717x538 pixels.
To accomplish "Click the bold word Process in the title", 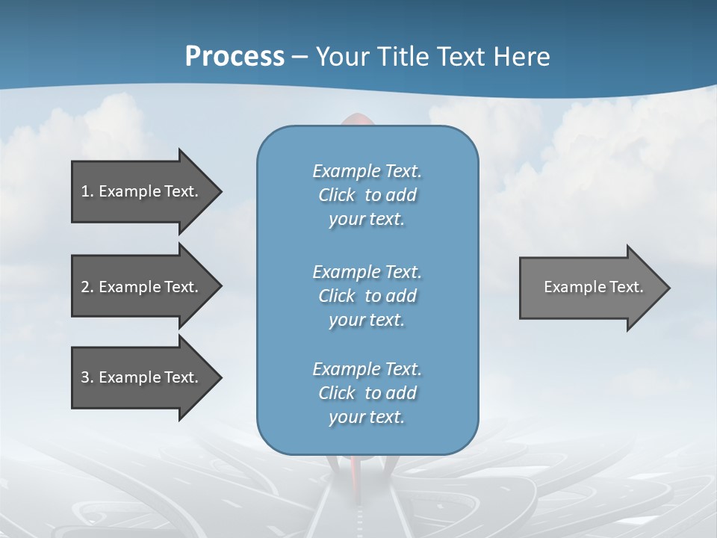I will pos(235,57).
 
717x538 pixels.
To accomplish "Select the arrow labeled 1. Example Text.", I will pos(142,191).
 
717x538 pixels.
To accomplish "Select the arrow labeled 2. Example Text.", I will pos(142,287).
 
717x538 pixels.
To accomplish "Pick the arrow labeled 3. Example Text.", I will pos(142,377).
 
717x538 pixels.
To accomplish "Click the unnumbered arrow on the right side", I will pos(590,287).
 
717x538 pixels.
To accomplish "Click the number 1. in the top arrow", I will pos(87,191).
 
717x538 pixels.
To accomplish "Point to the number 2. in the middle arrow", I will pos(87,287).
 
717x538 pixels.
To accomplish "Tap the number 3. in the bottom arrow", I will pos(87,377).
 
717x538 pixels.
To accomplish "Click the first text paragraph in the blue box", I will pos(367,195).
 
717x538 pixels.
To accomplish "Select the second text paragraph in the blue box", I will pos(367,295).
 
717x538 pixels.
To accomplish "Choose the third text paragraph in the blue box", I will pos(367,393).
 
